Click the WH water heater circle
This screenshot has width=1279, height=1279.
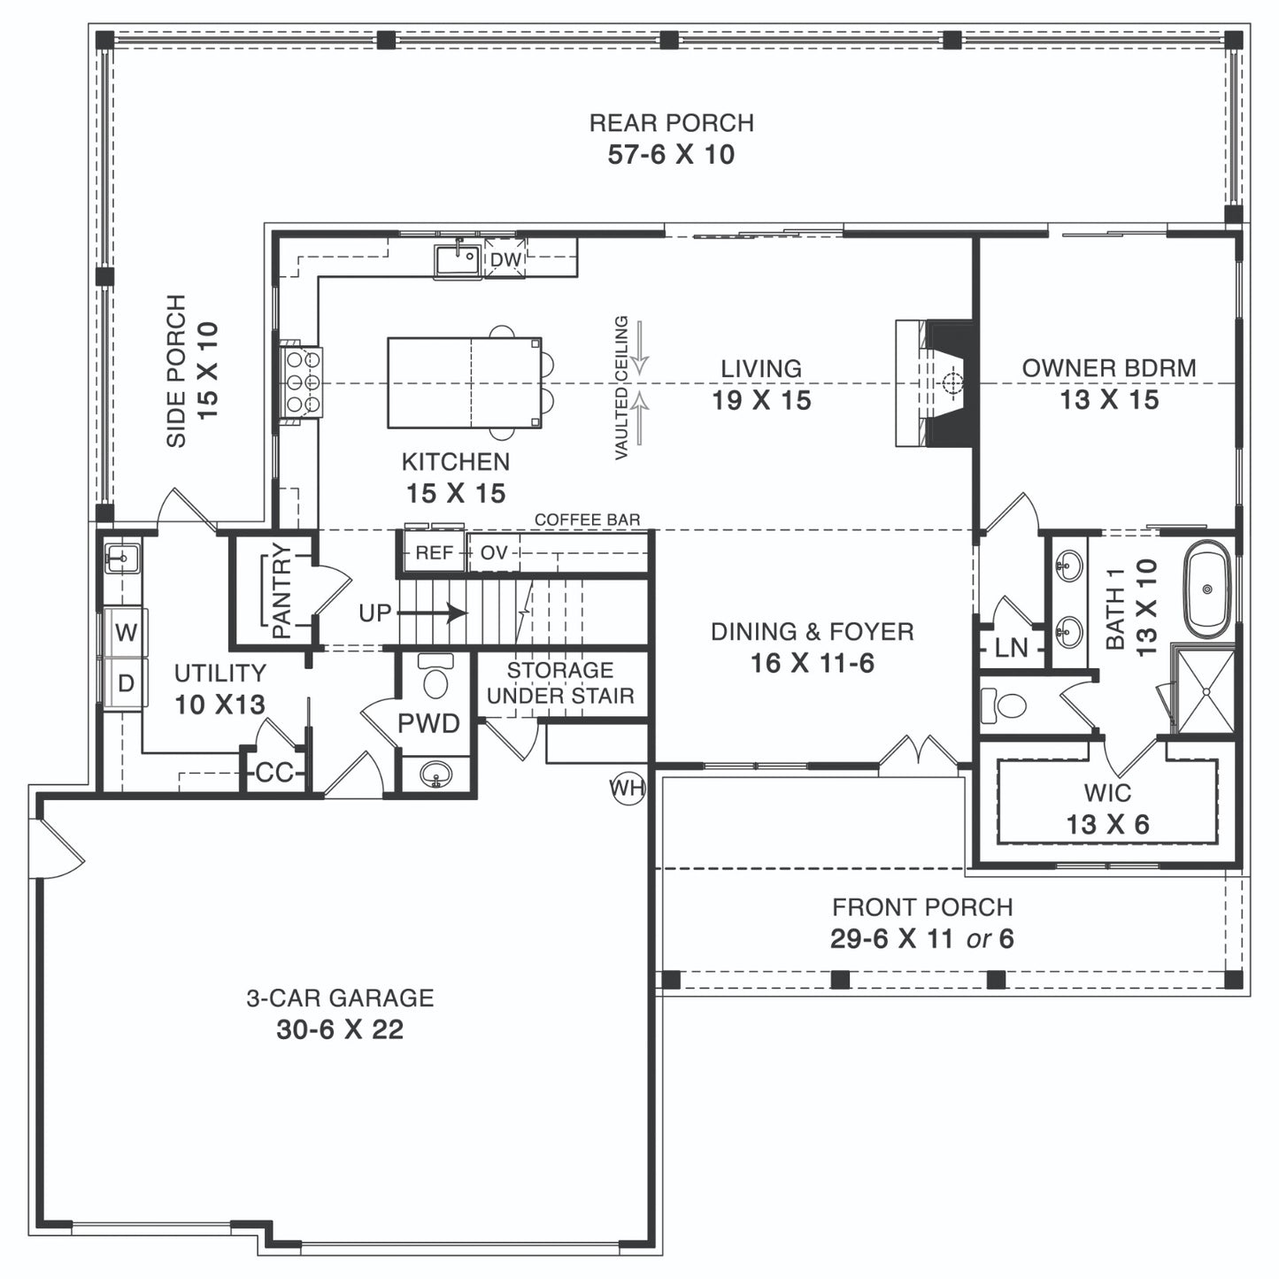628,788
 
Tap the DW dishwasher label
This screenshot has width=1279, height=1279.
505,258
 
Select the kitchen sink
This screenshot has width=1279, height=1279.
457,258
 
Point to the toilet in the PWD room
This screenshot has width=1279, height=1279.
435,675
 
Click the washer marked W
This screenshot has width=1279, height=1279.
126,633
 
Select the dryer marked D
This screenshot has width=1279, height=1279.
126,683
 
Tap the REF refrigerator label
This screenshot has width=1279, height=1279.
434,552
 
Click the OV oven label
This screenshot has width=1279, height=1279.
493,552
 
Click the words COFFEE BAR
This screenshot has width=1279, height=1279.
588,520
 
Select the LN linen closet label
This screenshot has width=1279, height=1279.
1012,647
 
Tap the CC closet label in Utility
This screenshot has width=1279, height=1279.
274,773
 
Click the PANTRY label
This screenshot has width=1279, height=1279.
281,590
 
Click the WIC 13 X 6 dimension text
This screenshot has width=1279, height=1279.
1108,824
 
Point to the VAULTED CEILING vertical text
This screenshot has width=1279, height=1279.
621,388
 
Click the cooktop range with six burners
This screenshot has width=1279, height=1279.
302,382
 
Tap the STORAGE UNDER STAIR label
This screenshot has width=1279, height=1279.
560,683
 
